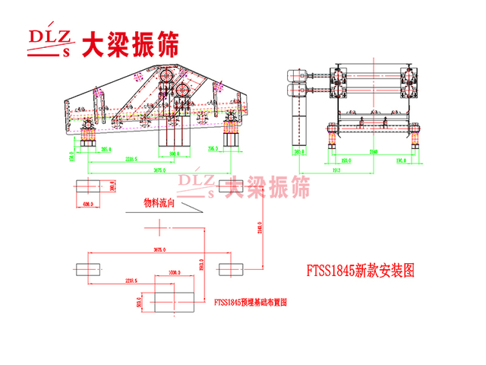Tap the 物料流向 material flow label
159,203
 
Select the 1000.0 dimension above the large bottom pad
175,271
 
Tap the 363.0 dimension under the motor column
296,152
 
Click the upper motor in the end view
293,75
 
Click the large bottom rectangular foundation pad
175,295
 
